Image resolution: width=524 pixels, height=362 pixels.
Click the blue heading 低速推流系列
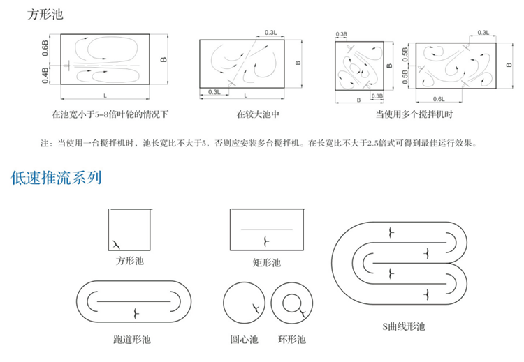57,177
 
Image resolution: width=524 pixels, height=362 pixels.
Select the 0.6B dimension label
46,47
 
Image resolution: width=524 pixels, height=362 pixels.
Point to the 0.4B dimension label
46,75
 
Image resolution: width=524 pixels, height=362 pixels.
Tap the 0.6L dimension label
438,98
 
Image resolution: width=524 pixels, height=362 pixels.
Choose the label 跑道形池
132,340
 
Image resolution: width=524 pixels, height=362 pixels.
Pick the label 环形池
292,340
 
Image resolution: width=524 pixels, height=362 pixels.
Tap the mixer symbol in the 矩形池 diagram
265,241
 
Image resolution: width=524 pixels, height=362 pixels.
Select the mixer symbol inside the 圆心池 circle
256,307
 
